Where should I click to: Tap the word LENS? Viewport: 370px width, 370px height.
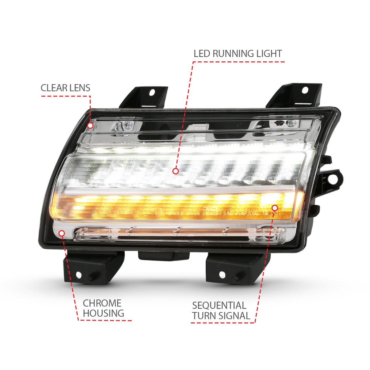(x=79, y=88)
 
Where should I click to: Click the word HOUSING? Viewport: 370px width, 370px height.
(x=104, y=313)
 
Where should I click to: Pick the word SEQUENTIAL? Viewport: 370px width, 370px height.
(x=219, y=306)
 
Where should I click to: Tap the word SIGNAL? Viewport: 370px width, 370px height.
(x=234, y=316)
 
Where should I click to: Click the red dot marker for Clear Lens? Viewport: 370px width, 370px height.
(x=90, y=125)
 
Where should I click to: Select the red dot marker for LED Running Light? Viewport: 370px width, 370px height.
(x=175, y=171)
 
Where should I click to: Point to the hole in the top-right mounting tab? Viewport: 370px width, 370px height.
(x=305, y=90)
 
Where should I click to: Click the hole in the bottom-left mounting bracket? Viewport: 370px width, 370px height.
(x=78, y=275)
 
